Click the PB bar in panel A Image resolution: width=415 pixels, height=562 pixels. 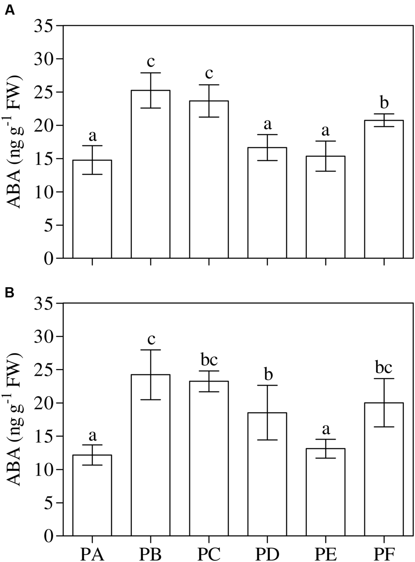151,174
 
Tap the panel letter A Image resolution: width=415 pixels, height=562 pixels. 10,11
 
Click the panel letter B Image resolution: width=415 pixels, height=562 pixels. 10,293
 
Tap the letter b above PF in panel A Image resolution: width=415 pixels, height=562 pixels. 384,103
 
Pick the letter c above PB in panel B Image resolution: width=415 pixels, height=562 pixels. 151,339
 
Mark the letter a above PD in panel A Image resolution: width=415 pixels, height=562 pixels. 268,124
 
